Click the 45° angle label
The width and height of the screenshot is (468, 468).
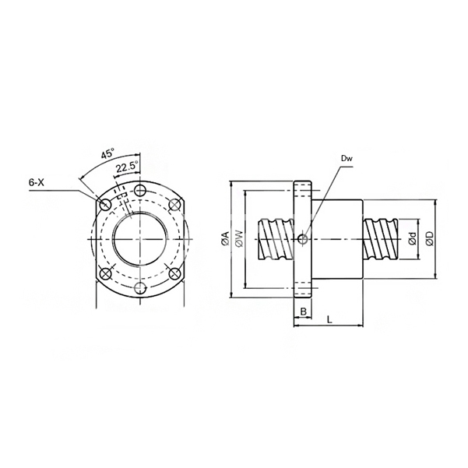pos(107,153)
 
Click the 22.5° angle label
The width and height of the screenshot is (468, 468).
pos(127,167)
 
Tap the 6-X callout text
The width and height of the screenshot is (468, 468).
pos(37,182)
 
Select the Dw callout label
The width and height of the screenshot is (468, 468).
pos(347,159)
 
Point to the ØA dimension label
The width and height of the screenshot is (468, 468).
pos(226,238)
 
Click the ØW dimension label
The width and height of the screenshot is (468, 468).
pos(240,238)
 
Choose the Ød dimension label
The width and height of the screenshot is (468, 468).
pos(413,239)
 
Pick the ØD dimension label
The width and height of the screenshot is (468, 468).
pos(430,239)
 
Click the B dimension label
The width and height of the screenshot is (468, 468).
pos(303,311)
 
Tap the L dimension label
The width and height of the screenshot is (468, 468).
pos(329,320)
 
